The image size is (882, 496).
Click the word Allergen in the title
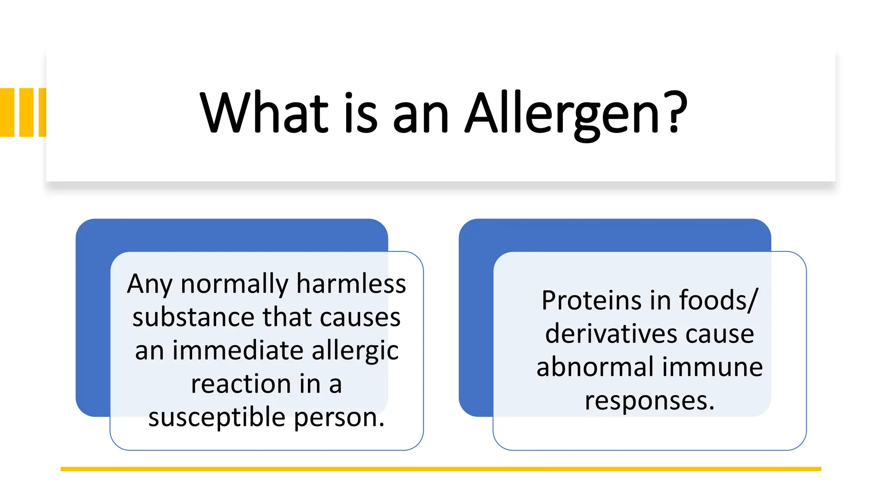(x=562, y=114)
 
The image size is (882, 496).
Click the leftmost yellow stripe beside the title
(x=7, y=112)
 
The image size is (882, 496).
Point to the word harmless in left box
(x=351, y=284)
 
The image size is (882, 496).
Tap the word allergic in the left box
(x=355, y=351)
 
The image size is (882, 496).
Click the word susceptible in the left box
(x=217, y=418)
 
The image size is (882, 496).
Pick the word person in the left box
(x=339, y=418)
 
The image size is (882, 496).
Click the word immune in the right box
(x=712, y=367)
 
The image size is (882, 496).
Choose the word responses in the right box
(x=649, y=401)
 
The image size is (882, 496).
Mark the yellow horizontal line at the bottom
(x=441, y=469)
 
